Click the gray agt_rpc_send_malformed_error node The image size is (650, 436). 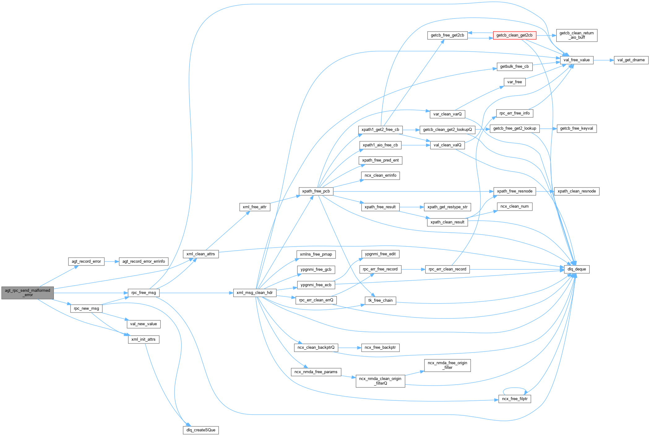[x=28, y=293]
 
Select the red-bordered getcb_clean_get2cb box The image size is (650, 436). [x=514, y=35]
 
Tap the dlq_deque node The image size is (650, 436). [x=577, y=269]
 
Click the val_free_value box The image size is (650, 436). [x=576, y=60]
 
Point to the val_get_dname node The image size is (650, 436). [x=631, y=60]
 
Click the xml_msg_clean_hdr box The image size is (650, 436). [x=255, y=293]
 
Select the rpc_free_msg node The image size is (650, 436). [x=144, y=293]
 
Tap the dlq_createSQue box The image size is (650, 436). [x=201, y=430]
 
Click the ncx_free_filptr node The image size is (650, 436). [x=515, y=399]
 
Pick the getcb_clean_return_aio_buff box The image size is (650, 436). [x=576, y=35]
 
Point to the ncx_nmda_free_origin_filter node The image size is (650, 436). [x=447, y=365]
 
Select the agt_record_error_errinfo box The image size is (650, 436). [x=144, y=261]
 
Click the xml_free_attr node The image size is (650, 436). [x=255, y=207]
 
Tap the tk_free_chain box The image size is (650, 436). [x=380, y=300]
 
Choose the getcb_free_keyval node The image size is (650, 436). [x=576, y=128]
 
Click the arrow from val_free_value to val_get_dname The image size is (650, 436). [x=603, y=60]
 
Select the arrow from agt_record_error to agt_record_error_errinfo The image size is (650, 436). [x=112, y=261]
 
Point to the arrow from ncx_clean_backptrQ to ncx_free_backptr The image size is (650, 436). [x=350, y=348]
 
